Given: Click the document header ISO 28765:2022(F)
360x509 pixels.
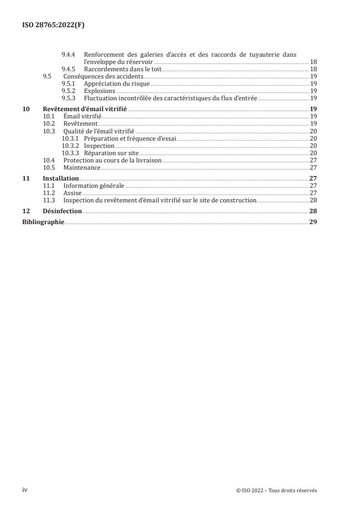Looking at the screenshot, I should click(54, 25).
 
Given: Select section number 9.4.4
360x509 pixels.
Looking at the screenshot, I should click(69, 54).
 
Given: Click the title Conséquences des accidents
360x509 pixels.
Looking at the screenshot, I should click(103, 76).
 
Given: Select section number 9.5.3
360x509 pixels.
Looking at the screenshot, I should click(69, 98).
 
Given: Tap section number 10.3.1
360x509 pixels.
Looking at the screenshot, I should click(69, 138).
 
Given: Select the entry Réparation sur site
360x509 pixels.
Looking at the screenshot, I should click(111, 153).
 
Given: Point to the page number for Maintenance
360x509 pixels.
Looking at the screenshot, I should click(313, 167).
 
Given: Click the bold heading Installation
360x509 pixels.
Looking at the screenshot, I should click(60, 178).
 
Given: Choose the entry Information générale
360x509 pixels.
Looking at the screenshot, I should click(94, 186).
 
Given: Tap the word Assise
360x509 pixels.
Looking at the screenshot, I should click(72, 193).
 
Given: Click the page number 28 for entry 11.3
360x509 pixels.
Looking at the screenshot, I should click(313, 200).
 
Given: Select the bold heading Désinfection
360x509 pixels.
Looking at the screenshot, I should click(62, 211).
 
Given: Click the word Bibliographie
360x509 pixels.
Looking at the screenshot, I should click(43, 222).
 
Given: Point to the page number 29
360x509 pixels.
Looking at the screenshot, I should click(313, 222).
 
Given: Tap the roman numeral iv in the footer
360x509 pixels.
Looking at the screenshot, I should click(25, 490).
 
